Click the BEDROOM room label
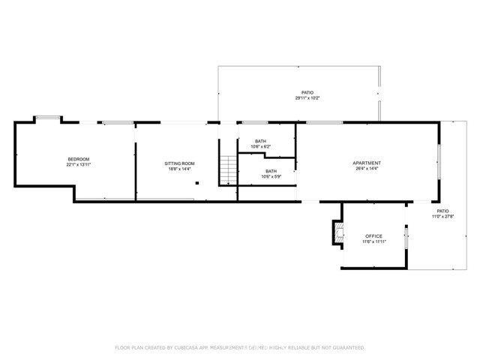coord(79,158)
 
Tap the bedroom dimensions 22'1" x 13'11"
coord(79,164)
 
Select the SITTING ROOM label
coord(180,163)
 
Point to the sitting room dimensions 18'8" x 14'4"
coord(180,169)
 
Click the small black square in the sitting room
coord(196,182)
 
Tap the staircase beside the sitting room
coord(228,169)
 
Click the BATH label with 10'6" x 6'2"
coord(260,141)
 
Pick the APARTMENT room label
coord(367,163)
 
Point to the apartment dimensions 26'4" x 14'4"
coord(367,169)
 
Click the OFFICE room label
coord(373,236)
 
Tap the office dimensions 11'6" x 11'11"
coord(373,242)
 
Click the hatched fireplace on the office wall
coord(337,233)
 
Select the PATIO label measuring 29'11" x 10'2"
coord(303,92)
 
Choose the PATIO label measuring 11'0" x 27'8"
coord(443,211)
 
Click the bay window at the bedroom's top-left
coord(47,117)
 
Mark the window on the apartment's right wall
coord(439,160)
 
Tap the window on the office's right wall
coord(406,238)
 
